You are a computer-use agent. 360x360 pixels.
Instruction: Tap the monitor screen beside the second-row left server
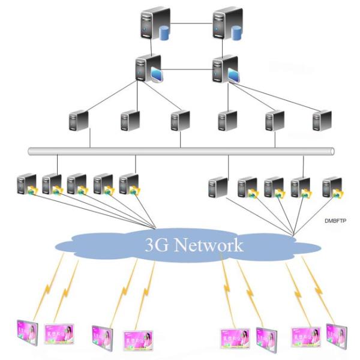click(156, 76)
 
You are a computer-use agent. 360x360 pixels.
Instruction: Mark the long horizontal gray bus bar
click(180, 151)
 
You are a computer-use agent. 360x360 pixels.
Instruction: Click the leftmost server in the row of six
click(79, 122)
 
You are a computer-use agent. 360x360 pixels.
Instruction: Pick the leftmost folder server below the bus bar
click(27, 185)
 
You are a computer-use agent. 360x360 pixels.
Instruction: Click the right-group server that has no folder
click(218, 187)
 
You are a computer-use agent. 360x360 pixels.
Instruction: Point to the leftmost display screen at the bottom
click(26, 334)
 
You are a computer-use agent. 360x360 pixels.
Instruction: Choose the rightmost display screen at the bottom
click(334, 335)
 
